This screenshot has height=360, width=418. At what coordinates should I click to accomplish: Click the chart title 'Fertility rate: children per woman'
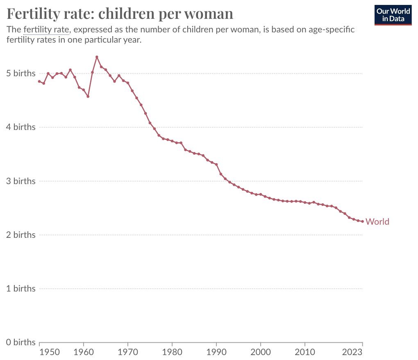(120, 14)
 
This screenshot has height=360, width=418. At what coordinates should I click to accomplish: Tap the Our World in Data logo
(393, 15)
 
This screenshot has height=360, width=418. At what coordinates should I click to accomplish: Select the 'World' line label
(377, 222)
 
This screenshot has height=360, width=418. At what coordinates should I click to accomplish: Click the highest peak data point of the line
(97, 57)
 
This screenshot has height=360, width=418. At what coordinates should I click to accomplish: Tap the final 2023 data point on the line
(362, 221)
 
